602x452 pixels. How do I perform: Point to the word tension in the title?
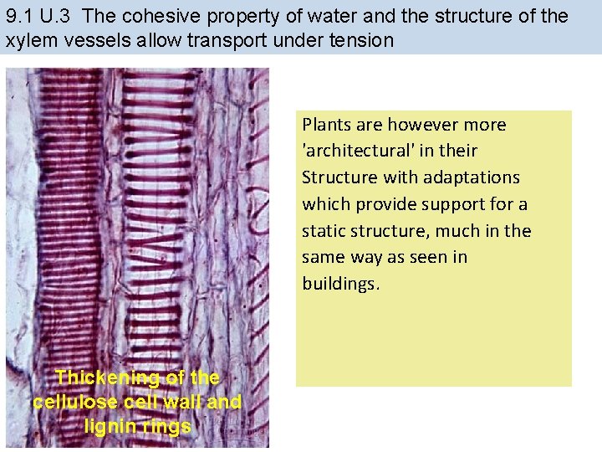point(362,39)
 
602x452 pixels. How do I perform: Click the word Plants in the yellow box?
point(324,125)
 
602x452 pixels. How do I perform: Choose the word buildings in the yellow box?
point(341,285)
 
